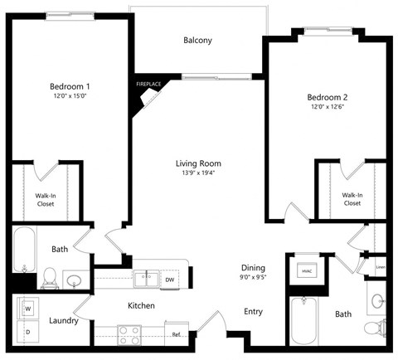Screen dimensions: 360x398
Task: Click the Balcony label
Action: coord(197,40)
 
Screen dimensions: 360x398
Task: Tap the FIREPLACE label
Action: coord(148,84)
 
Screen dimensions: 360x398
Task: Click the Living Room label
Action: coord(198,163)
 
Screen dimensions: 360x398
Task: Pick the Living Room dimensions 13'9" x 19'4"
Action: coord(198,173)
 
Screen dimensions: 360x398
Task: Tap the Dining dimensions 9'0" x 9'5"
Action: coord(253,278)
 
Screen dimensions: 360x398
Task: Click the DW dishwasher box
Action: coord(169,280)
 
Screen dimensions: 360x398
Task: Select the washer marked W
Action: coord(27,308)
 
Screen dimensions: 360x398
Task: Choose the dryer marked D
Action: coord(27,332)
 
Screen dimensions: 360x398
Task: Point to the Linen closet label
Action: coord(380,267)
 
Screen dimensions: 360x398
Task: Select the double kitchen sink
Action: coord(147,278)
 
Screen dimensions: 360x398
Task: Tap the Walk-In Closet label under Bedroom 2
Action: coord(352,198)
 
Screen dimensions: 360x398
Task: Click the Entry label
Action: coord(253,312)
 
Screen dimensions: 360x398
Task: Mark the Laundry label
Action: coord(64,320)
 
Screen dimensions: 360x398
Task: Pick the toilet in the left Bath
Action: coord(50,275)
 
